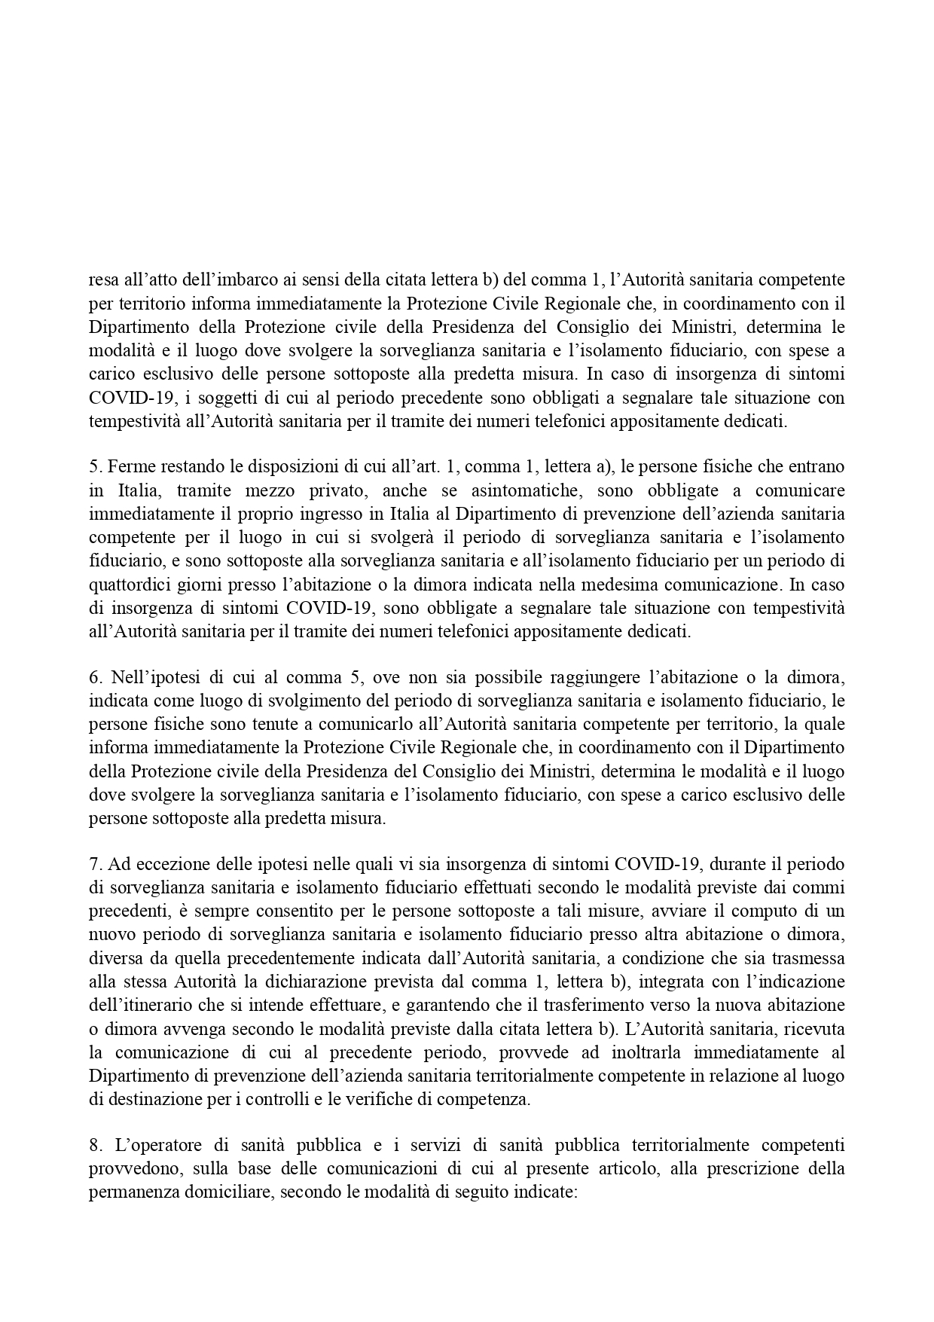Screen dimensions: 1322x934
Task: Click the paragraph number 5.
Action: tap(93, 467)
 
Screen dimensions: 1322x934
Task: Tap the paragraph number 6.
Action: tap(93, 677)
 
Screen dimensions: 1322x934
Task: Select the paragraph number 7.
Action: tap(93, 864)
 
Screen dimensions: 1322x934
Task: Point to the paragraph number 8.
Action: tap(93, 1146)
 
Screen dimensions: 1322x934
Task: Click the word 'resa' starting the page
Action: tap(102, 280)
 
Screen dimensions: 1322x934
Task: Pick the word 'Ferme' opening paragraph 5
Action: tap(128, 467)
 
